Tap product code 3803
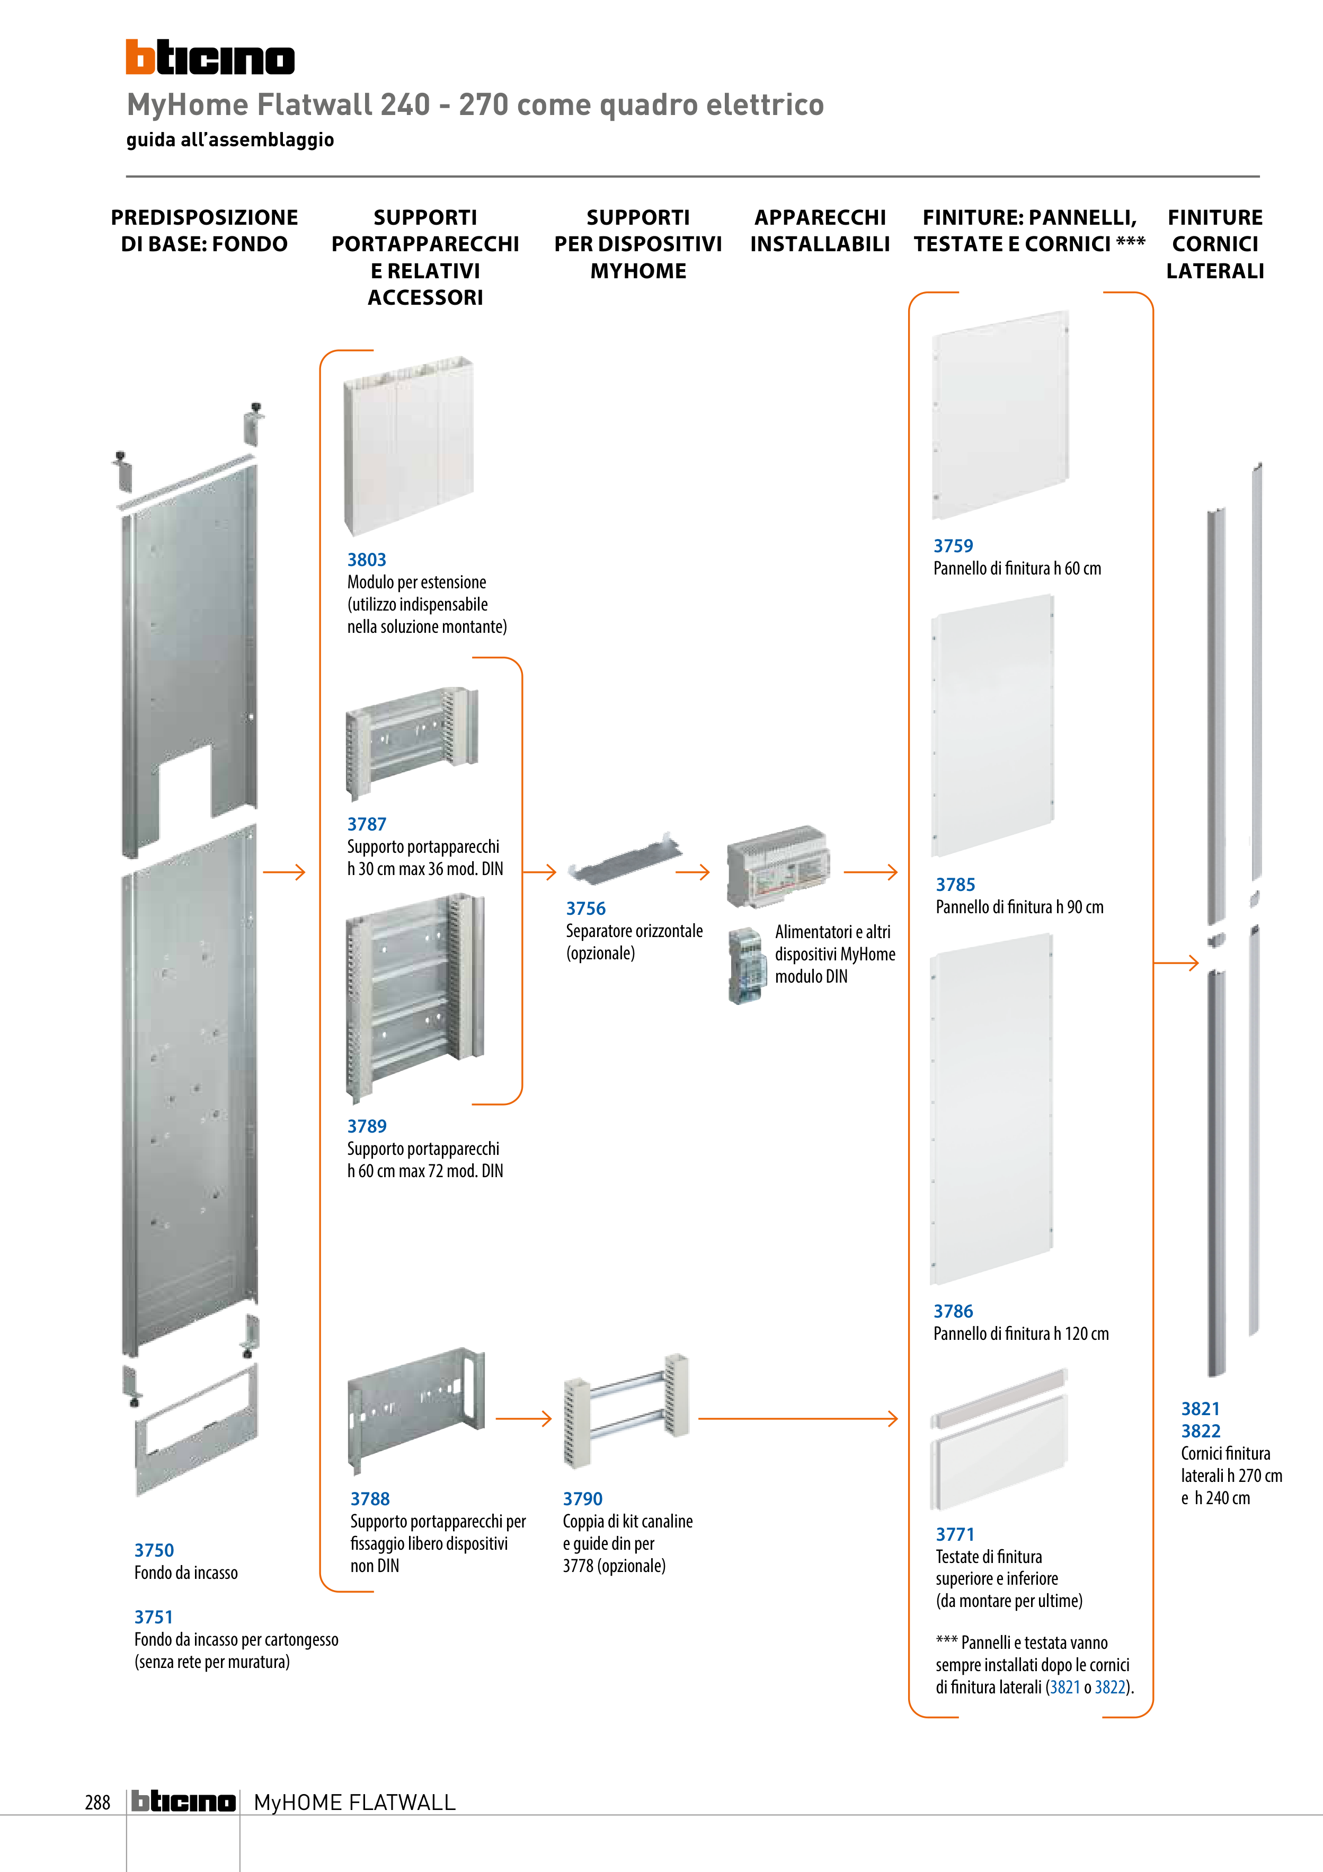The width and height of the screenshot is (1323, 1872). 367,559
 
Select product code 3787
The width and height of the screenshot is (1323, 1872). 367,824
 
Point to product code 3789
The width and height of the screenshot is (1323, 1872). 367,1126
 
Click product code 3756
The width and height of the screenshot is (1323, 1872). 585,908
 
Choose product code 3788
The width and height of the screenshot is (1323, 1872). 370,1498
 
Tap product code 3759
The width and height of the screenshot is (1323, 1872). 953,545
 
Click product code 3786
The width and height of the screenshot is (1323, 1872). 953,1311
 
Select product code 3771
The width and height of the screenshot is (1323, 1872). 955,1534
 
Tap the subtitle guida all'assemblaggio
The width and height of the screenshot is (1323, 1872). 230,139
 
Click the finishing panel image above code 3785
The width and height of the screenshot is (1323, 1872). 992,726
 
